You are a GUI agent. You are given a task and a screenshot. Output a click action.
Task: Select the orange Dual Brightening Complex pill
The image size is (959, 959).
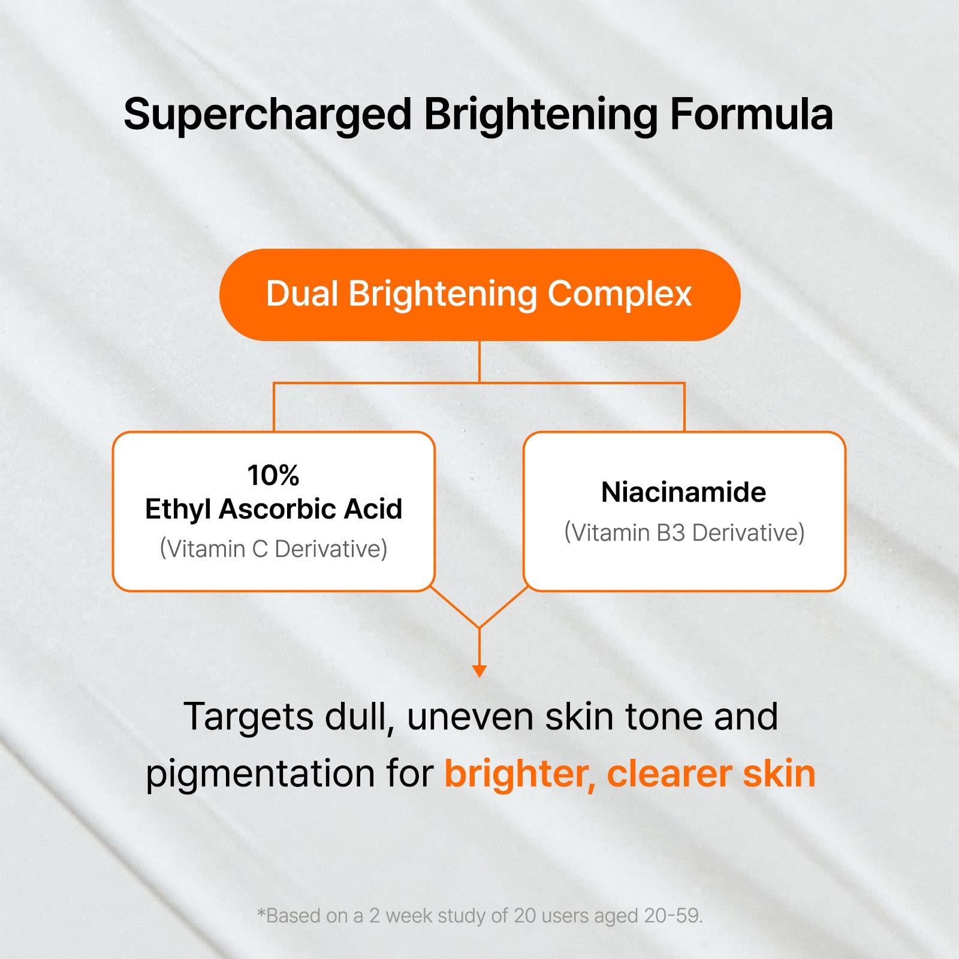point(479,295)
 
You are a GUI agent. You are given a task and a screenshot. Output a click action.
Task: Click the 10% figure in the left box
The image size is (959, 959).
point(273,475)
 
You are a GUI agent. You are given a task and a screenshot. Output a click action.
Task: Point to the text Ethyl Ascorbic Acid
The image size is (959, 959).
point(273,509)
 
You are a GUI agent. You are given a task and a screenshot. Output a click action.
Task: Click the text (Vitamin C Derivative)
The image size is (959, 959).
point(273,548)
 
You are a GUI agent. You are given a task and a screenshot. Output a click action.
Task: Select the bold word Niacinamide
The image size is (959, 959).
point(683,492)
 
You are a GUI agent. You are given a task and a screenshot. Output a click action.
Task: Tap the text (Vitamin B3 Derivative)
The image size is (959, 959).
point(684,532)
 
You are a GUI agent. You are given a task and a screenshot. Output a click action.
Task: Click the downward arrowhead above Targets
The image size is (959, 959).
point(479,671)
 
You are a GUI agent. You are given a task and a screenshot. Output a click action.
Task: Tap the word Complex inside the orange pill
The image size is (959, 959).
point(620,294)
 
